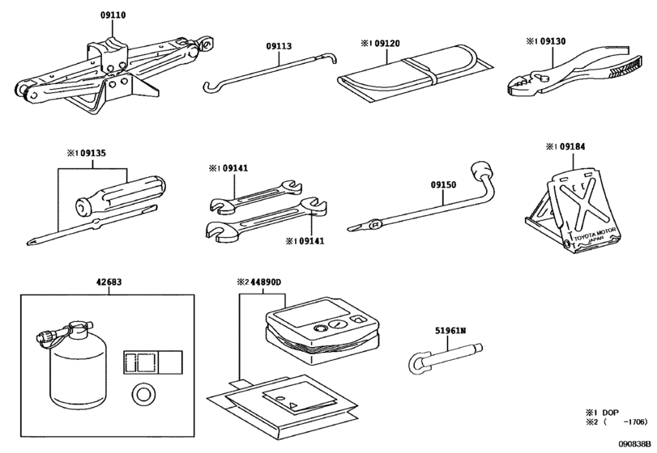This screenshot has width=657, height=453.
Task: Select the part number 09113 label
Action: pos(279,46)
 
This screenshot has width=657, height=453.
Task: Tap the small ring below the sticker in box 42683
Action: pos(144,394)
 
